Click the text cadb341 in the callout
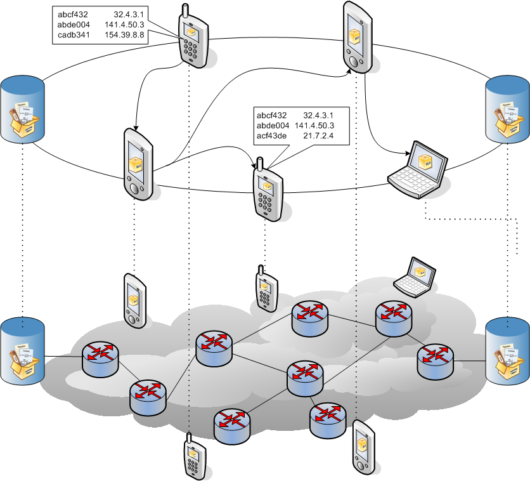click(x=72, y=35)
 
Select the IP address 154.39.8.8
click(x=124, y=35)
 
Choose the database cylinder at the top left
click(x=23, y=109)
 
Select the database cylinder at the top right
click(x=507, y=109)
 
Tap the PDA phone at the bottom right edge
click(x=361, y=447)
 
